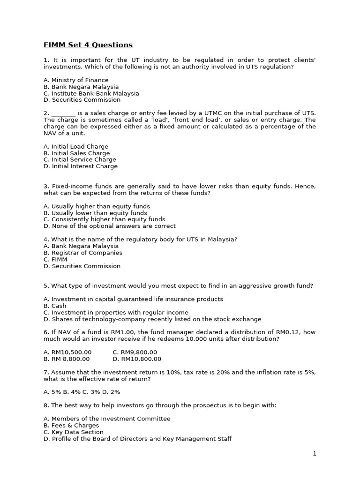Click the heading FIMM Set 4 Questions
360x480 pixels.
click(88, 45)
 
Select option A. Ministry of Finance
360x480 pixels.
click(76, 80)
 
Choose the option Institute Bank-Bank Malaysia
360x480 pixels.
click(91, 93)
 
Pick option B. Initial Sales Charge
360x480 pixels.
click(77, 153)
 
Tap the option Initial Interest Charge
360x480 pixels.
click(81, 166)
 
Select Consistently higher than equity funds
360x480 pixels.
click(104, 219)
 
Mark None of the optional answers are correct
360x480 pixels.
click(110, 226)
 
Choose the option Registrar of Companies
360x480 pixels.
click(83, 253)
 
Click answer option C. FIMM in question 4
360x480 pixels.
click(55, 259)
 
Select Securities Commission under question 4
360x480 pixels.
click(82, 266)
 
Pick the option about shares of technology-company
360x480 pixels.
click(152, 319)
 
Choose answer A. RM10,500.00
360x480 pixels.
click(67, 352)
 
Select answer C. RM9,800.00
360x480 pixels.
click(135, 352)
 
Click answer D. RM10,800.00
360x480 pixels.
click(137, 359)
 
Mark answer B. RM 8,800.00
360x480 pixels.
click(67, 359)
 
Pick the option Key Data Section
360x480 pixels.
click(74, 432)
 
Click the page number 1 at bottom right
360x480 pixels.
click(315, 453)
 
